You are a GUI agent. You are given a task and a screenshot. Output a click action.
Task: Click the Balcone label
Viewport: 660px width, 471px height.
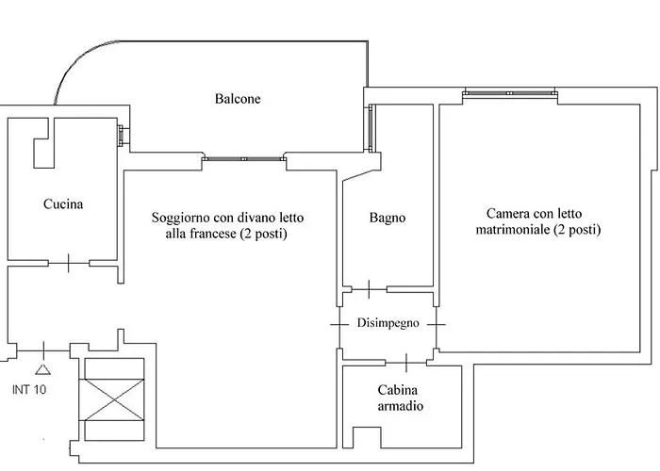pos(237,99)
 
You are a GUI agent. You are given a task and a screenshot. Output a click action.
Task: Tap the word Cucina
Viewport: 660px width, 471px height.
pos(63,203)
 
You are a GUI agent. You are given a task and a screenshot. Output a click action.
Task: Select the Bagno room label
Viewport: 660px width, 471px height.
pos(388,218)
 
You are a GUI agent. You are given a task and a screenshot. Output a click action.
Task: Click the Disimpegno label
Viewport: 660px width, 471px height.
pos(387,323)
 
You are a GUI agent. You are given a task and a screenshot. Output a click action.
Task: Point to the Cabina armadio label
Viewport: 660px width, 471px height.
pos(399,398)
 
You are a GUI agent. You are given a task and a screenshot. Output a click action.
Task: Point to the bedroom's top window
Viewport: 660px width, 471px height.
pos(509,93)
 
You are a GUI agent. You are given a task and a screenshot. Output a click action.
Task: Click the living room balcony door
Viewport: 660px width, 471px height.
pos(243,159)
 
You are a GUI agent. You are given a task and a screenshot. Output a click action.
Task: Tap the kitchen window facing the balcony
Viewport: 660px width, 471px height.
pos(122,135)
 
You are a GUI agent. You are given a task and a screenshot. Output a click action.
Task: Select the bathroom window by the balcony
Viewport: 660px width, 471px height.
pos(371,127)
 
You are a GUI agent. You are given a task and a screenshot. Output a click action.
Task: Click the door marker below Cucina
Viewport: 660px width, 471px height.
pos(68,263)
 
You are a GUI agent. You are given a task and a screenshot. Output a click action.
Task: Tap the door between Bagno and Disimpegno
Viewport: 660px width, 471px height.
pos(368,288)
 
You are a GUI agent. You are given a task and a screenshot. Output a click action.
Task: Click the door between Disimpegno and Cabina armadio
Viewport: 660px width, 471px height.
pos(405,361)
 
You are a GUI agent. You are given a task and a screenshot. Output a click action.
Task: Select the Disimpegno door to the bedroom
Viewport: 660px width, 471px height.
pos(437,323)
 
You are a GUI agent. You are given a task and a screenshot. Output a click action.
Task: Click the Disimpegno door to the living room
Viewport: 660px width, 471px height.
pos(338,323)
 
